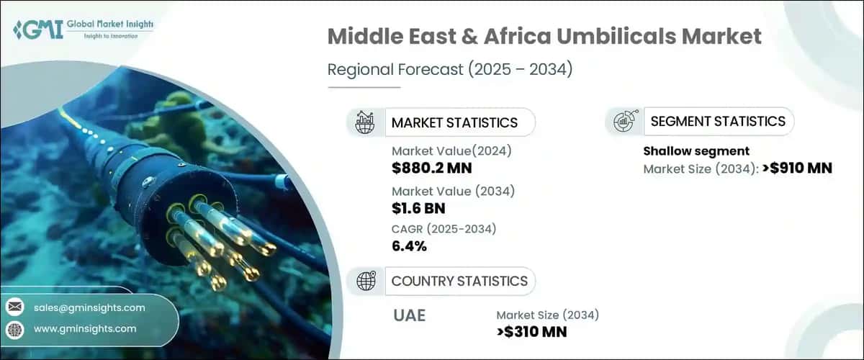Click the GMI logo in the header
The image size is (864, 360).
[x=82, y=30]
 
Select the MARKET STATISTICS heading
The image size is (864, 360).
[x=454, y=122]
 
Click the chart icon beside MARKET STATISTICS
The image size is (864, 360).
[x=364, y=122]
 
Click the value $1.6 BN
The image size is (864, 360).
[x=418, y=209]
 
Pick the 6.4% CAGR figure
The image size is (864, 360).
[x=409, y=246]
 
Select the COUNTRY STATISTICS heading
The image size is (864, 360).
[x=459, y=281]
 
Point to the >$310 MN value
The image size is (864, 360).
[x=531, y=331]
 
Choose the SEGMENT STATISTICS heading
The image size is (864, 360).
[x=718, y=121]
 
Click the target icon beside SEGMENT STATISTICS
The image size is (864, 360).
[x=624, y=121]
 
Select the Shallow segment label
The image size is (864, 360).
[x=696, y=151]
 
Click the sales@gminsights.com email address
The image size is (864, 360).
[x=89, y=307]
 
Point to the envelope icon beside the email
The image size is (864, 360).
[x=15, y=307]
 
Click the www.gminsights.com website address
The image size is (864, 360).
[x=85, y=328]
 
